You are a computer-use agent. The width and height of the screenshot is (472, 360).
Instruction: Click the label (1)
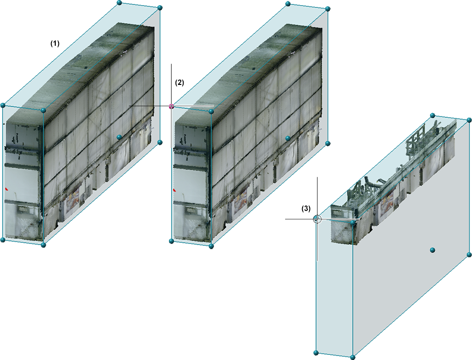pyautogui.click(x=55, y=44)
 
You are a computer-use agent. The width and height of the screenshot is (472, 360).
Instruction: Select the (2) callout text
pyautogui.click(x=179, y=83)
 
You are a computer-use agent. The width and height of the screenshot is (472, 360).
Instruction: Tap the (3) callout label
pyautogui.click(x=306, y=209)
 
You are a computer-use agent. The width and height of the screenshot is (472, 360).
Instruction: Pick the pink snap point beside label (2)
pyautogui.click(x=172, y=106)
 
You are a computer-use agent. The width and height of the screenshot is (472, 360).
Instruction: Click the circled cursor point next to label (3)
pyautogui.click(x=317, y=219)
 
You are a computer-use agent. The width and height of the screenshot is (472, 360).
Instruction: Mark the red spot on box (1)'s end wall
pyautogui.click(x=7, y=189)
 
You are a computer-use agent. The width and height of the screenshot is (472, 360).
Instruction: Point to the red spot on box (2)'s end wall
pyautogui.click(x=175, y=190)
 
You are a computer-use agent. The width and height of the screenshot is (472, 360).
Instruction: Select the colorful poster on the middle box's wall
pyautogui.click(x=241, y=200)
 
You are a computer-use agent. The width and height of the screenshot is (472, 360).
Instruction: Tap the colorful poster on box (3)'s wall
pyautogui.click(x=387, y=204)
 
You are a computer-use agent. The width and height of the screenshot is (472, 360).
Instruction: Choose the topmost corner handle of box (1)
pyautogui.click(x=119, y=3)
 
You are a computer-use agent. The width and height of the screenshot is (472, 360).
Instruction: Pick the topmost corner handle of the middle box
pyautogui.click(x=288, y=4)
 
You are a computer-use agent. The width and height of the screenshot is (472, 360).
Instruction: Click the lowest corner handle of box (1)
pyautogui.click(x=43, y=245)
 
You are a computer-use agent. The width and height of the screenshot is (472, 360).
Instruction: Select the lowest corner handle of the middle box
pyautogui.click(x=211, y=246)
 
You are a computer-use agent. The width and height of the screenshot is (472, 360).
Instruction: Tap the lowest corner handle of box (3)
pyautogui.click(x=353, y=357)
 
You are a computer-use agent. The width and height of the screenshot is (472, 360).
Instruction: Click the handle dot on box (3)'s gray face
pyautogui.click(x=432, y=250)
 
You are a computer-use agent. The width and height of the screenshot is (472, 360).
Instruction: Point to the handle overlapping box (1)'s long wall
pyautogui.click(x=119, y=137)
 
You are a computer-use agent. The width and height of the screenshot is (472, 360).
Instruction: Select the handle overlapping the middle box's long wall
pyautogui.click(x=288, y=138)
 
